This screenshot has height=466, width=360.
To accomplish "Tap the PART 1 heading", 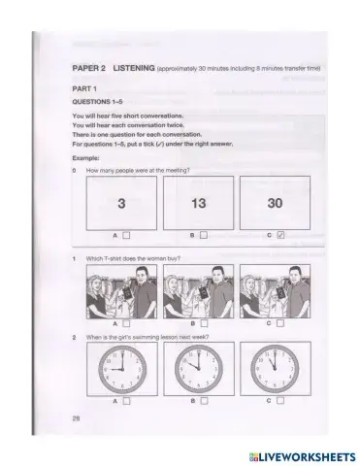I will click(87, 88).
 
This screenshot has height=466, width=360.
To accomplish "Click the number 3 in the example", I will click(121, 203).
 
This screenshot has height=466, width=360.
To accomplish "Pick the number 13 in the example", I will click(200, 203).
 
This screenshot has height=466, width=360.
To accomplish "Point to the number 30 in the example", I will click(278, 203).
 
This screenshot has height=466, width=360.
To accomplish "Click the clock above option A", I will click(121, 369).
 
